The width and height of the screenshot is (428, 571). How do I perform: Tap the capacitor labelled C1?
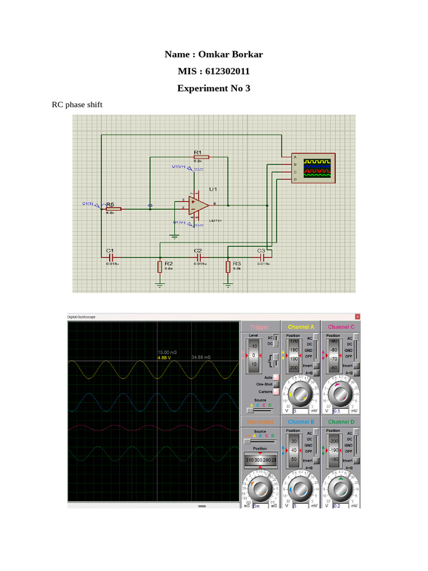110,258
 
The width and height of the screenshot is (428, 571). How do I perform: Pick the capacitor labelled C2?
197,258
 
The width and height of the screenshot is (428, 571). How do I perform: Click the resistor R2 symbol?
160,267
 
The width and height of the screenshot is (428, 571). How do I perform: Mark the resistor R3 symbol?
228,267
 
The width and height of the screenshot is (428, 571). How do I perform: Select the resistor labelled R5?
113,209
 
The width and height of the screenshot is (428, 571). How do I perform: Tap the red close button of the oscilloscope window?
357,316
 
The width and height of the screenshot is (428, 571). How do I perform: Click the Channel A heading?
301,327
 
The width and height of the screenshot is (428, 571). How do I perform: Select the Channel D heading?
341,422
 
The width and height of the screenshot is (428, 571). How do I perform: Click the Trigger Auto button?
275,378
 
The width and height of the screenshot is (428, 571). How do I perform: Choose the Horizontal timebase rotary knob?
261,488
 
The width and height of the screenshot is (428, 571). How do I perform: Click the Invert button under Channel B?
316,461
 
